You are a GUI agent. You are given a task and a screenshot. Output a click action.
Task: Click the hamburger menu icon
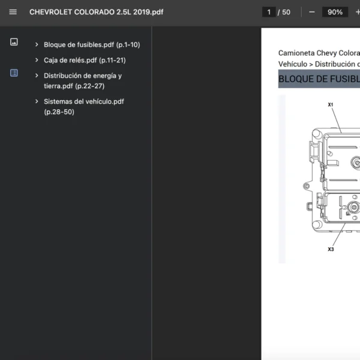(13, 12)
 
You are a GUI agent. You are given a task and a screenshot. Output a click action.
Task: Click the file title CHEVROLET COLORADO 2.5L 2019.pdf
(97, 12)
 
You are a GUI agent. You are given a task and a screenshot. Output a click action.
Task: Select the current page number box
(269, 12)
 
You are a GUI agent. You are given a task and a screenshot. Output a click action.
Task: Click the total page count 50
(286, 12)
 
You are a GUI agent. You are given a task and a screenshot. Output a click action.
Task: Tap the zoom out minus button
(312, 12)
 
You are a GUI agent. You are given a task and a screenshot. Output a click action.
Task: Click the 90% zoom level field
(335, 12)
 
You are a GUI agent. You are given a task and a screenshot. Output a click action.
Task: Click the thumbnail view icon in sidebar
(14, 42)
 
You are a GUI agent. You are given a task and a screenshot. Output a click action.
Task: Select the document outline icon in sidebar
(14, 73)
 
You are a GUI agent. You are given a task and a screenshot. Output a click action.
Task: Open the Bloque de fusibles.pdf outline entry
(92, 44)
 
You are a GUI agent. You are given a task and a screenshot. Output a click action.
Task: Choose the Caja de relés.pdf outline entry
(85, 60)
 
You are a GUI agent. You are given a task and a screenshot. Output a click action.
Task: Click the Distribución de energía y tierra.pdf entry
(83, 81)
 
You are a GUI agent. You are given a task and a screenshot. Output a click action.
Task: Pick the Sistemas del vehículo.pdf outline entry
(84, 107)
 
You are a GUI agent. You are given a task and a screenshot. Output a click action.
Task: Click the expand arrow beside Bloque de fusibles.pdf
(37, 44)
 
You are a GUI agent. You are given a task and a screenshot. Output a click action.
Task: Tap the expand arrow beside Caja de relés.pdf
(37, 60)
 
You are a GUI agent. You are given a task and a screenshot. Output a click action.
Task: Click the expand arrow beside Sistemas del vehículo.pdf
(37, 101)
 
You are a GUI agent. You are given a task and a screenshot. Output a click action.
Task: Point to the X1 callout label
(331, 104)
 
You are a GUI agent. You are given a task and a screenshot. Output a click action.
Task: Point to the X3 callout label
(331, 249)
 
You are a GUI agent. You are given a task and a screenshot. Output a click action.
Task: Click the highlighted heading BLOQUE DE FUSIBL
(319, 79)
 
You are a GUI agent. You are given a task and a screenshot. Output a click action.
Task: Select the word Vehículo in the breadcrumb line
(293, 64)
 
